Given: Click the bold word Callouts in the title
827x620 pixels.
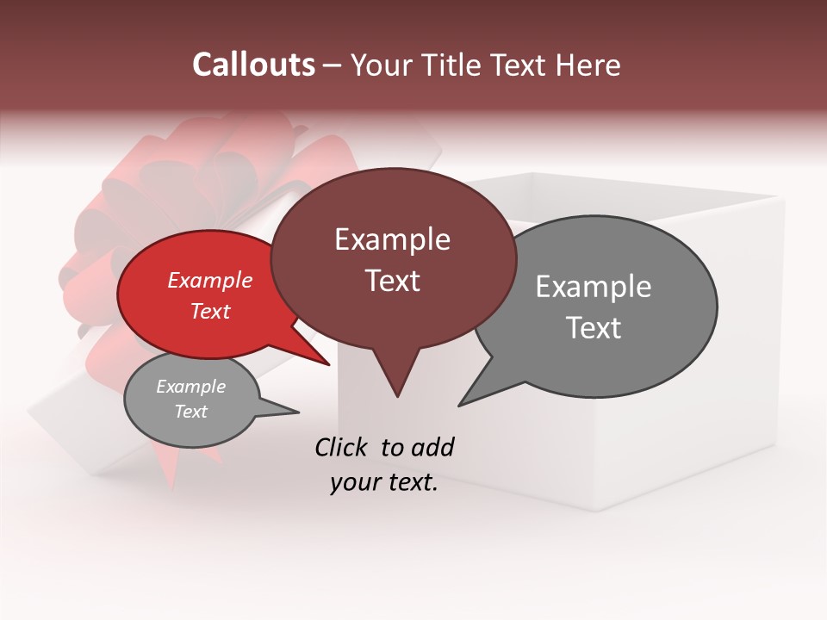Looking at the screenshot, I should click(253, 65).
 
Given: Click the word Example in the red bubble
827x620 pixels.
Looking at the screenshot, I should click(210, 280).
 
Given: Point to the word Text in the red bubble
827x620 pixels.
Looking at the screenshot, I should click(210, 311).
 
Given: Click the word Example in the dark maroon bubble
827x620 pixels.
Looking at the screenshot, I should click(392, 239).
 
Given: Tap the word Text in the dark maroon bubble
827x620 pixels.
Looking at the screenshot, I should click(392, 281).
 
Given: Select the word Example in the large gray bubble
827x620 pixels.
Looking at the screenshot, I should click(594, 286).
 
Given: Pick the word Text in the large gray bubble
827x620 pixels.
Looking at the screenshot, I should click(594, 328).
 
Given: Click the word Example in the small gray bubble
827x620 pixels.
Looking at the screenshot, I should click(190, 387).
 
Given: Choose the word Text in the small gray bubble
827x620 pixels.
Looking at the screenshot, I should click(190, 412).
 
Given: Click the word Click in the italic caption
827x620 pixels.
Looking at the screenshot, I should click(343, 447).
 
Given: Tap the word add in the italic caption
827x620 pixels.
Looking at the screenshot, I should click(432, 447).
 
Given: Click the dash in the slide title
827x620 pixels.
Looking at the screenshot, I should click(333, 65).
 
